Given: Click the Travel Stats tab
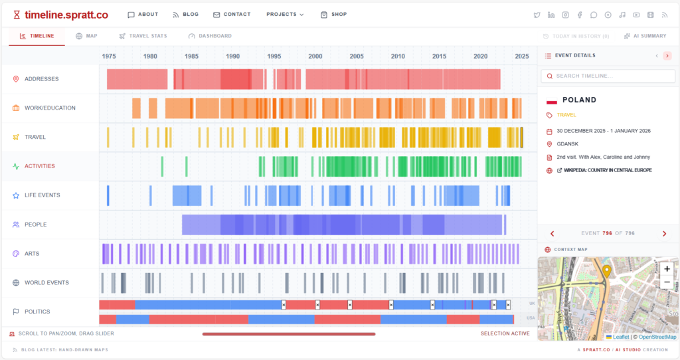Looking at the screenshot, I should (143, 36).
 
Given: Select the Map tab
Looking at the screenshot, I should (86, 36).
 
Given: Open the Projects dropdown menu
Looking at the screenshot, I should (285, 15).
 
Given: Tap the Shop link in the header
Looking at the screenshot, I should (333, 15).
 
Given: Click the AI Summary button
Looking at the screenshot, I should (645, 36).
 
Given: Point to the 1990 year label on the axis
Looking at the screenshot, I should (232, 56).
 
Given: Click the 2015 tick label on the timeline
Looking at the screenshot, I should (439, 56).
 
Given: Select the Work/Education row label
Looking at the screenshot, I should (50, 108).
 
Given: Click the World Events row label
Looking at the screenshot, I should (46, 283).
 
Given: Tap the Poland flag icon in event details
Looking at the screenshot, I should (551, 101).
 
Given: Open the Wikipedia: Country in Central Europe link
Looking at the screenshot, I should (608, 171).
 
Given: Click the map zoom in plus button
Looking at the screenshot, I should (667, 269).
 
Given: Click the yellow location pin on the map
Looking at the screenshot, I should (606, 271).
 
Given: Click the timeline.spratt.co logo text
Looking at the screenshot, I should (66, 15).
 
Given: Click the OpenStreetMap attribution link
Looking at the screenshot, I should (657, 337).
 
